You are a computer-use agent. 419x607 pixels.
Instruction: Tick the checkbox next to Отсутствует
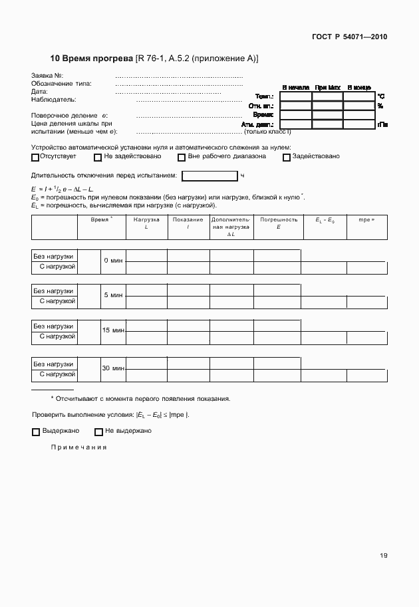[35, 158]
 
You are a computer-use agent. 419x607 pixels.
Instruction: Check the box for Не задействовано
[98, 158]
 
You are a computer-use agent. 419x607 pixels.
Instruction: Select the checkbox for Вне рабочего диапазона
[182, 158]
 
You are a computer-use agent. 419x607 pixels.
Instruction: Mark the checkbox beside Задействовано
[287, 158]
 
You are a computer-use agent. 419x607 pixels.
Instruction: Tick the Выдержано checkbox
[36, 431]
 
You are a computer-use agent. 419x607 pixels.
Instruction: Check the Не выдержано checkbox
[98, 431]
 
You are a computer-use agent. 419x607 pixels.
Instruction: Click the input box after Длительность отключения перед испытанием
[209, 176]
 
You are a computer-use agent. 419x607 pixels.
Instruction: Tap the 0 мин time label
[113, 261]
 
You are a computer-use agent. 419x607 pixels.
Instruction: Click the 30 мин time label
[113, 368]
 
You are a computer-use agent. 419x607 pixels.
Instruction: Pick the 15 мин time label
[113, 330]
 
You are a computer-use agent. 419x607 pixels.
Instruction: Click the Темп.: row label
[265, 97]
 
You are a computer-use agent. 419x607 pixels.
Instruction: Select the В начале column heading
[295, 87]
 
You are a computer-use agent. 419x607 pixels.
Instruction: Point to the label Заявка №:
[47, 76]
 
